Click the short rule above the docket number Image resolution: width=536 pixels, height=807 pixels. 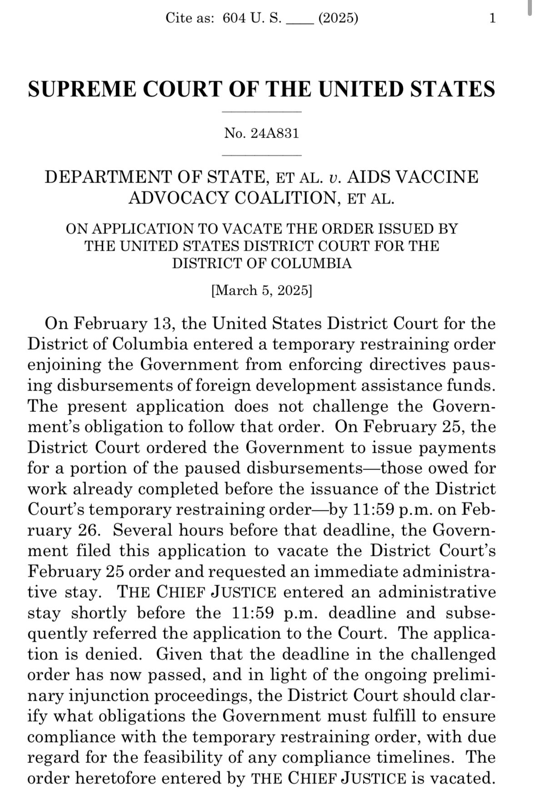pyautogui.click(x=262, y=111)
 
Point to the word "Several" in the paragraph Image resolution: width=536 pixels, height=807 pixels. pyautogui.click(x=143, y=530)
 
